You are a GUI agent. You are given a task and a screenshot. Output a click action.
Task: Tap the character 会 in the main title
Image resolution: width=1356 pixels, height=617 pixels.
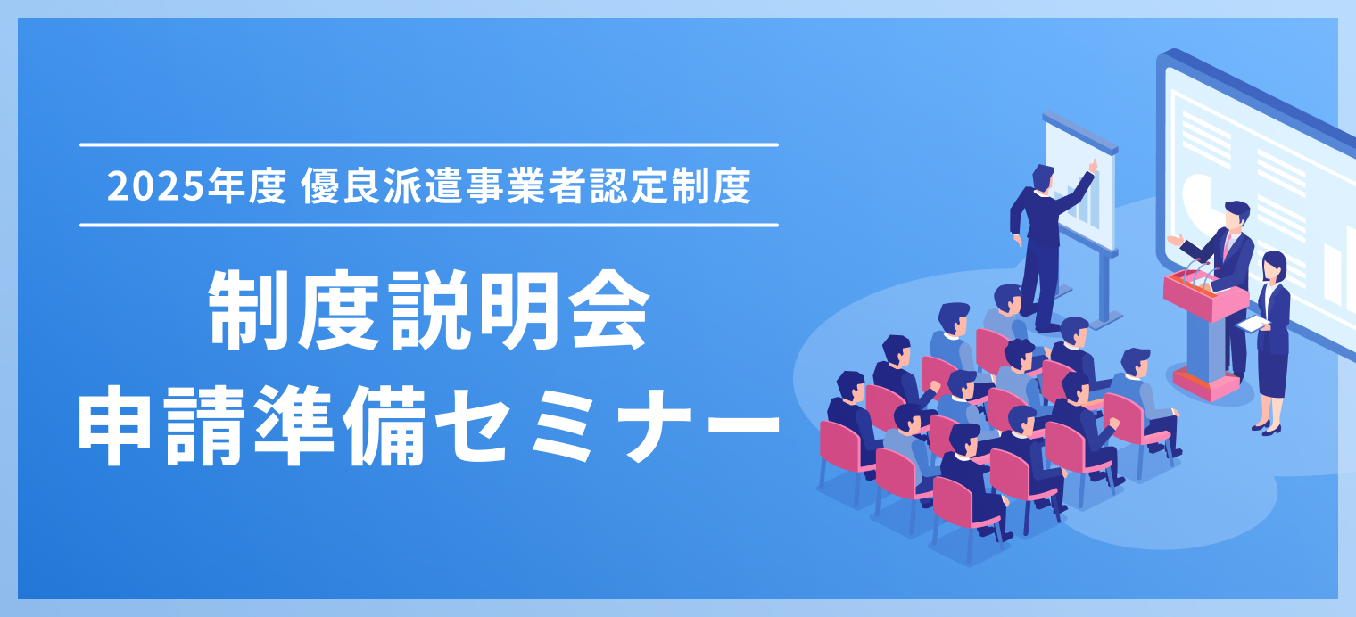tap(609, 309)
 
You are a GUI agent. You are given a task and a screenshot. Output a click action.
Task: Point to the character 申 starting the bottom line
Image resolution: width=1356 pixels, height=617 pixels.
tap(115, 426)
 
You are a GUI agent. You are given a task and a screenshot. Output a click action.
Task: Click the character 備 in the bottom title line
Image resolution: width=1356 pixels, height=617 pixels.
tap(385, 426)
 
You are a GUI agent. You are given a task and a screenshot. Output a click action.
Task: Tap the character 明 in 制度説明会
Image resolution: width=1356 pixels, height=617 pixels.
tap(519, 309)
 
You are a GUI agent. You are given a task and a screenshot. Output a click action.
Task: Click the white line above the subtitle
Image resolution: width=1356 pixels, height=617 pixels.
tap(428, 145)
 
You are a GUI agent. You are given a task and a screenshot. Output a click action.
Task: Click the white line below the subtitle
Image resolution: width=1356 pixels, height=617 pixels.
tap(428, 225)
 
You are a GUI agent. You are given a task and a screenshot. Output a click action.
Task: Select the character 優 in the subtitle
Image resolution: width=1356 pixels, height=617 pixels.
tap(320, 185)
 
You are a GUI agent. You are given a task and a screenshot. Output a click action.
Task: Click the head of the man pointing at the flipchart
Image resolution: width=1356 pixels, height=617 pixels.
tap(1042, 178)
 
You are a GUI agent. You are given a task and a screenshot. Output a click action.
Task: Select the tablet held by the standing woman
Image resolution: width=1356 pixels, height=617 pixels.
tap(1252, 324)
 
